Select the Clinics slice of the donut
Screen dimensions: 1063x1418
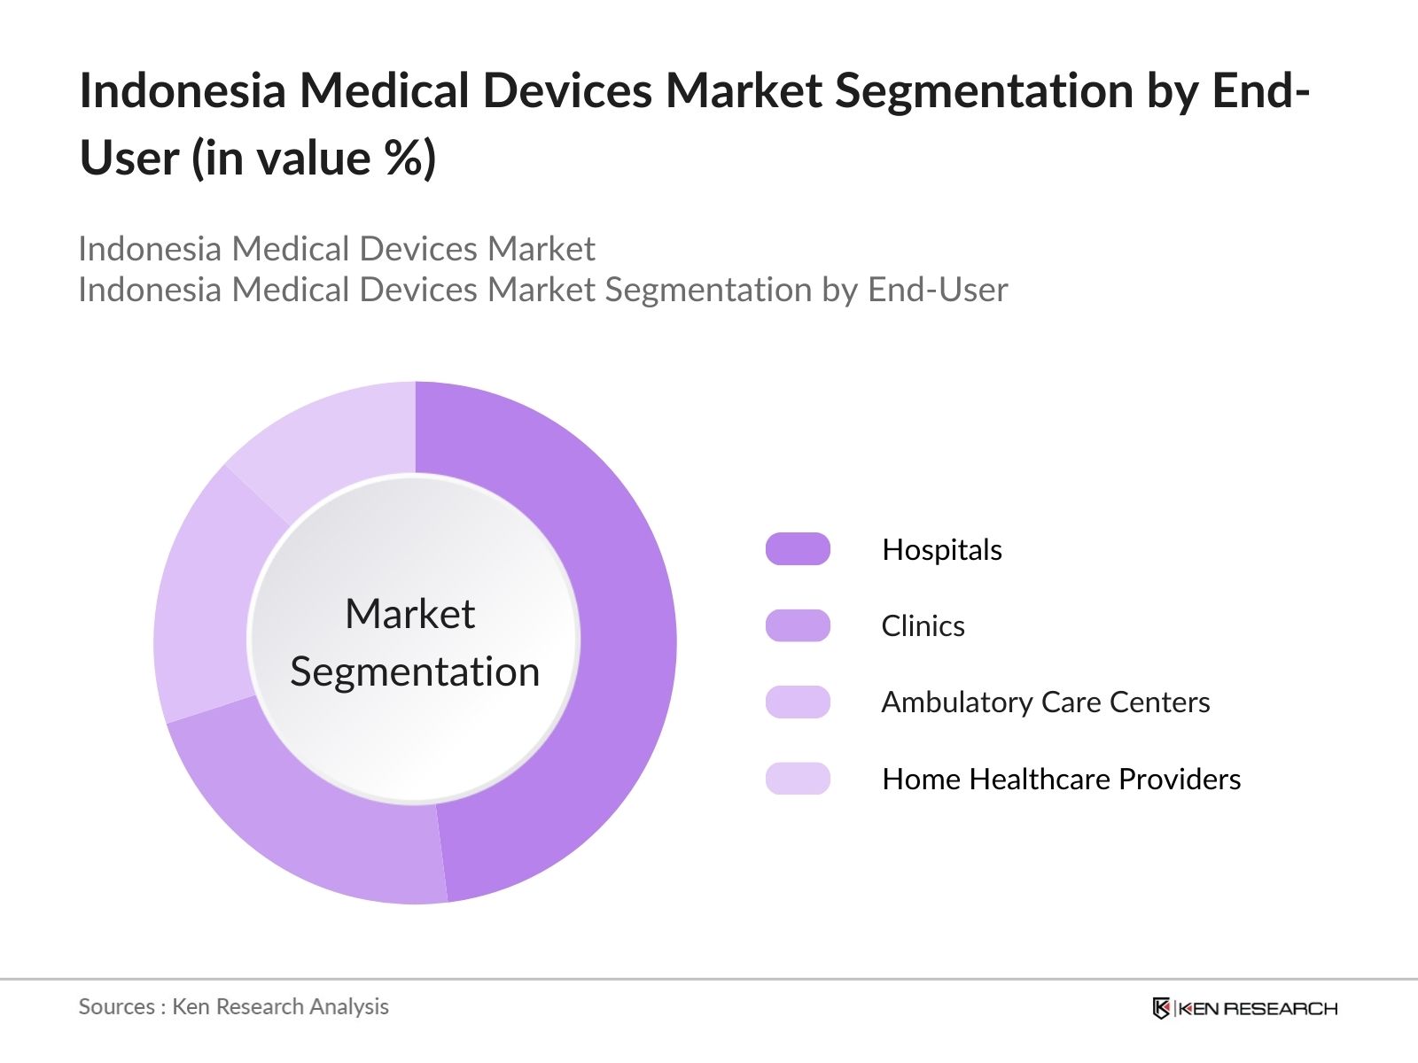(301, 824)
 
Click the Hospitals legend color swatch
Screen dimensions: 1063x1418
(798, 549)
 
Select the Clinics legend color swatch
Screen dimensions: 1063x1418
(798, 625)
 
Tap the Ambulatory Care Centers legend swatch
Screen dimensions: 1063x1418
(798, 702)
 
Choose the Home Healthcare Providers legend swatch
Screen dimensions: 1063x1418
(798, 779)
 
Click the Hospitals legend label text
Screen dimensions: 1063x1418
(942, 550)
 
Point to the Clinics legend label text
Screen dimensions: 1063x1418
(923, 626)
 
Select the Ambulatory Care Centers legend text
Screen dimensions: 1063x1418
(1045, 702)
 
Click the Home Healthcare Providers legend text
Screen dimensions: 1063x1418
(1061, 780)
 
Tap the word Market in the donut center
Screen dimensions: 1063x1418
(409, 614)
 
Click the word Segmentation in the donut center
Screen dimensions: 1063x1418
(415, 671)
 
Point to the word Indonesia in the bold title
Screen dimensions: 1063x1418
(183, 90)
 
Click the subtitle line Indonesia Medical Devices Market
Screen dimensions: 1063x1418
(337, 249)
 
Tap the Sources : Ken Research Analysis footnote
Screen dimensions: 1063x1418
(233, 1006)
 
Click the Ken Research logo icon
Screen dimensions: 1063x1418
(1161, 1008)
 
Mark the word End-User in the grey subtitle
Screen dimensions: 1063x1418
(938, 290)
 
